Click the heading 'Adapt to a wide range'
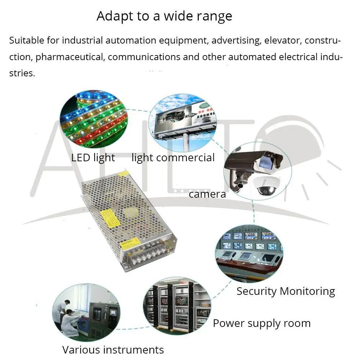pos(164,16)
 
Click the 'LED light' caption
pos(93,158)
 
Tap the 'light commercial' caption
pos(173,158)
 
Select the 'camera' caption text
pos(207,194)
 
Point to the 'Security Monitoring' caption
pos(285,291)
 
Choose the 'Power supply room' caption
pos(262,323)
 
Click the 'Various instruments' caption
pos(113,350)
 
